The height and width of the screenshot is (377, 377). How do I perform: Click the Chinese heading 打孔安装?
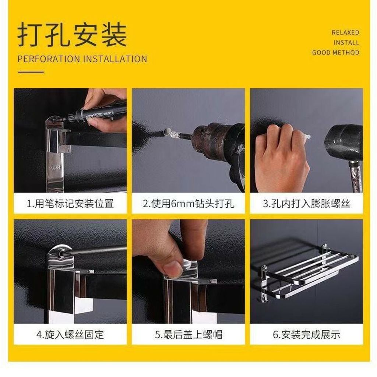coord(72,35)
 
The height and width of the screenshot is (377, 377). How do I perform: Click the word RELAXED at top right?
coord(345,32)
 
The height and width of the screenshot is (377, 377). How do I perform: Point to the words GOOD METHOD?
coord(336,52)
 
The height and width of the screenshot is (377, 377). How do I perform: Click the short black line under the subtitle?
coord(31,72)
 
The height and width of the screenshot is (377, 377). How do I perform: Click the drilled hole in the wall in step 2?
coord(166,131)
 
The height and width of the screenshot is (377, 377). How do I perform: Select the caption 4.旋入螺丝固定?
coord(70,335)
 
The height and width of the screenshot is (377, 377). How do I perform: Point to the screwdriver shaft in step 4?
coord(96,250)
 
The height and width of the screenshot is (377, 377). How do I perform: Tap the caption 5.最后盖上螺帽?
coord(188,335)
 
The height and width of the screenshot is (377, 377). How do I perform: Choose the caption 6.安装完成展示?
coord(307,335)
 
